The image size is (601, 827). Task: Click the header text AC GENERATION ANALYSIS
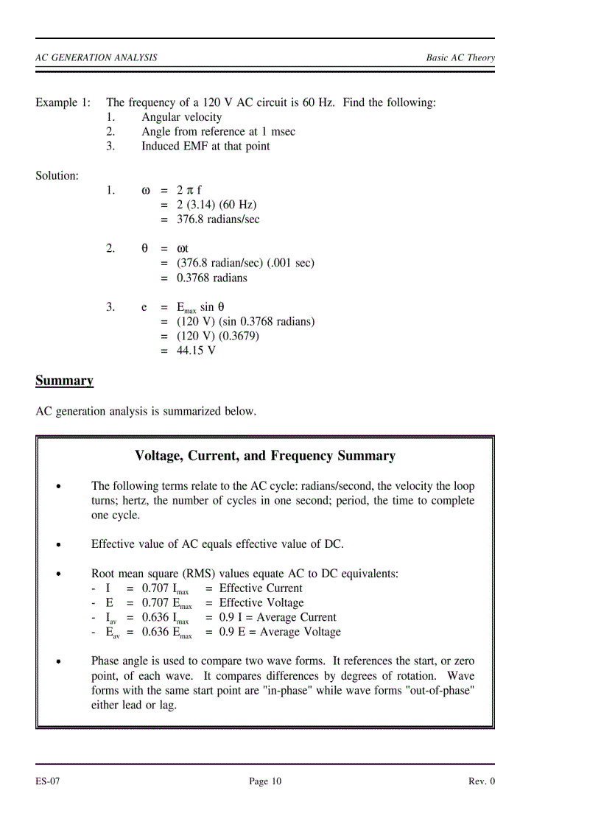(96, 57)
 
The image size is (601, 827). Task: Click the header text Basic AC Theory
(460, 57)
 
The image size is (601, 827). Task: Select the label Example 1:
(63, 102)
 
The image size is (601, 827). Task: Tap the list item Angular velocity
(181, 117)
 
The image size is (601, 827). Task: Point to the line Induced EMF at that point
(205, 146)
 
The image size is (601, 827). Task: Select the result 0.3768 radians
(212, 278)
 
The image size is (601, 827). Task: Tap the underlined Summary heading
(64, 381)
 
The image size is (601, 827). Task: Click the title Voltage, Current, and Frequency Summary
(265, 456)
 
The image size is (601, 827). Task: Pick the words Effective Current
(261, 588)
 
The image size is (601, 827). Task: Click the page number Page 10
(265, 781)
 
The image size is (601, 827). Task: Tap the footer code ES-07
(47, 781)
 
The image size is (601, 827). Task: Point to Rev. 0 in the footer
(482, 781)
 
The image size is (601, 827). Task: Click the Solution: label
(57, 176)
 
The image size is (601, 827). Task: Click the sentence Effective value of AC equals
(217, 544)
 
